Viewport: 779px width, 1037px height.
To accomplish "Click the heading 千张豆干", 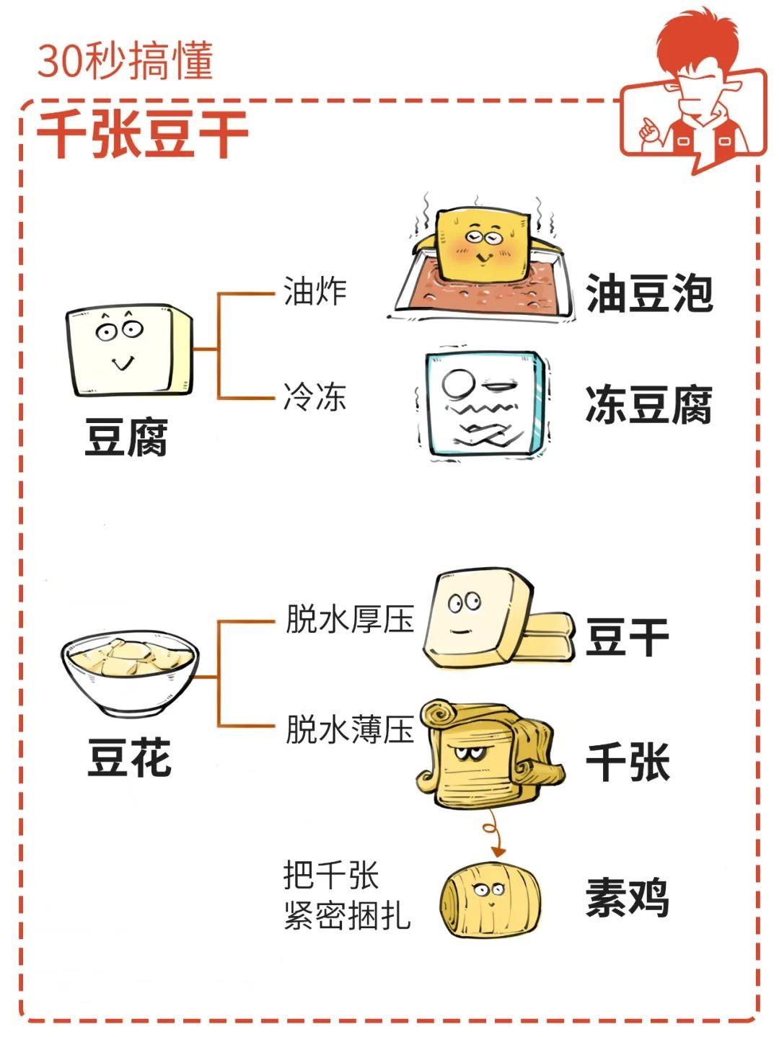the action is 143,134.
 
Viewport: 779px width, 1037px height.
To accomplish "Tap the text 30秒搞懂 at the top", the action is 126,61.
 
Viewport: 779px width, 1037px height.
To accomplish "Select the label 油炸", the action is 314,290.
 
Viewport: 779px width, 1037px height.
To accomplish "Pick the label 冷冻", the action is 314,397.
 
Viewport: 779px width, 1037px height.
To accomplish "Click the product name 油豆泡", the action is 649,293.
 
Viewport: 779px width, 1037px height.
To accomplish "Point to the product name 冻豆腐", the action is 649,405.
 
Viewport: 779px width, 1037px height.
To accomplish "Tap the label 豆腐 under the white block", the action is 126,436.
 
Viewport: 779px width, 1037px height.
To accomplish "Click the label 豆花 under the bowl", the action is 128,757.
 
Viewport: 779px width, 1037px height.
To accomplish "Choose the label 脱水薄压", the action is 350,729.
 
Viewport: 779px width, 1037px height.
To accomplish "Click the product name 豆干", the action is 628,637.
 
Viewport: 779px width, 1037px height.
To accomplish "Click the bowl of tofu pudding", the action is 130,673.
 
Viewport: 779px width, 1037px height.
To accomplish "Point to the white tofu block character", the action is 129,350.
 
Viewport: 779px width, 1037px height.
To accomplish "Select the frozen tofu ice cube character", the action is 483,404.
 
